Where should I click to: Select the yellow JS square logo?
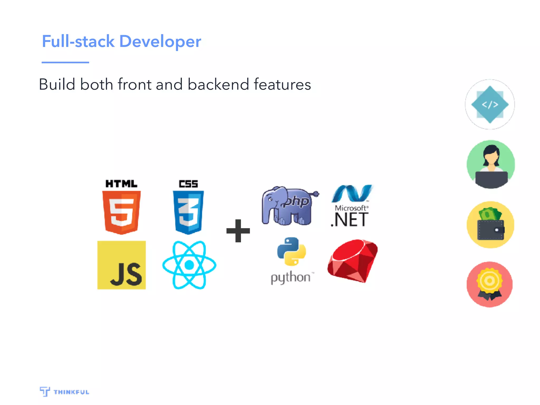click(x=122, y=265)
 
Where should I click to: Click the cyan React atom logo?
click(x=189, y=265)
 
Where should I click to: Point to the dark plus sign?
click(x=238, y=231)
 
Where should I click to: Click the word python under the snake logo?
click(x=291, y=278)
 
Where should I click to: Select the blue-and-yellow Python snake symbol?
click(x=291, y=251)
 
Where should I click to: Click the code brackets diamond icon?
click(x=490, y=105)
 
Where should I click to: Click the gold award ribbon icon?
click(x=490, y=284)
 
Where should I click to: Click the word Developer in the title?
click(x=160, y=42)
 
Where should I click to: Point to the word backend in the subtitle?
click(x=218, y=84)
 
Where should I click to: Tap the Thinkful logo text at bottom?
click(x=71, y=392)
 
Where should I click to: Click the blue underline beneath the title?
click(x=65, y=62)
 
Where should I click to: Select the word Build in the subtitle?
click(x=57, y=84)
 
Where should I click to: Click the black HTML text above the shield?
click(x=121, y=184)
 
